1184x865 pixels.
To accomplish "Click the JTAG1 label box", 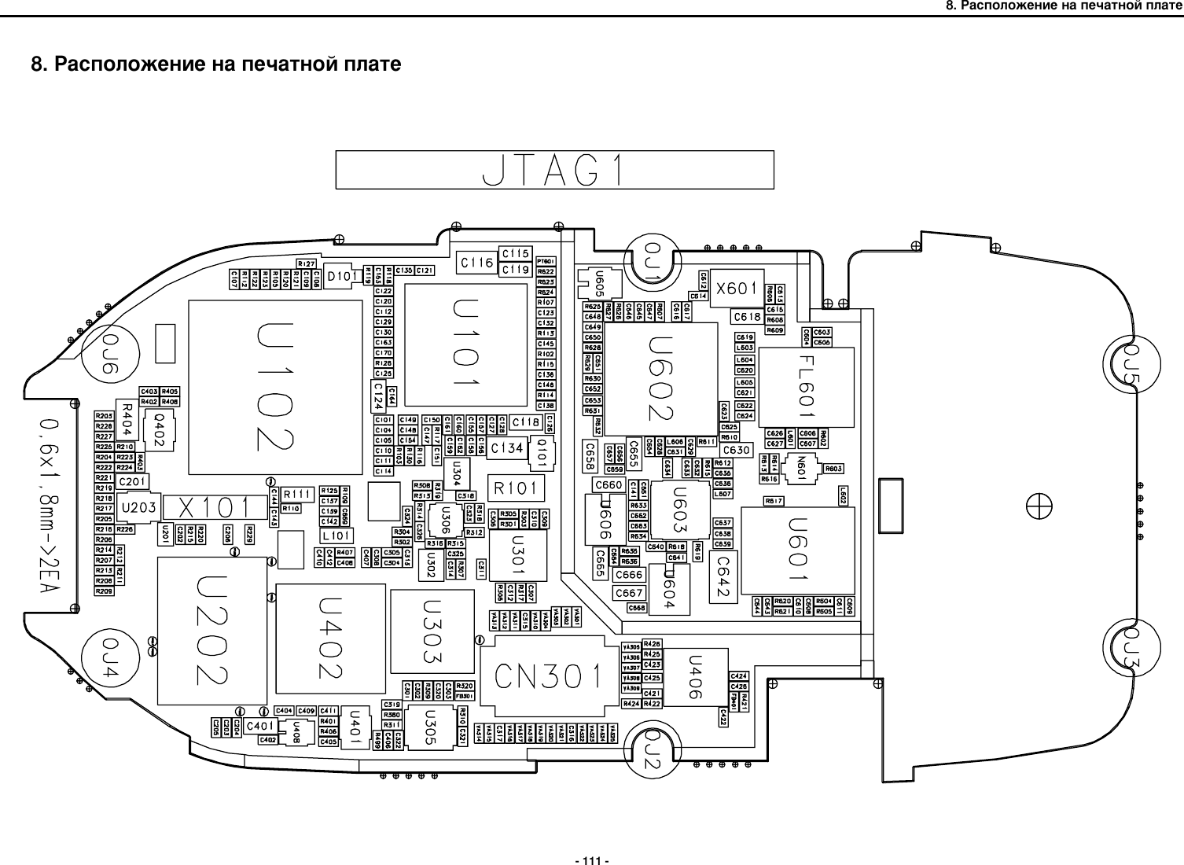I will click(554, 170).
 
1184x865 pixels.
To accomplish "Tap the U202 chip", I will click(212, 631).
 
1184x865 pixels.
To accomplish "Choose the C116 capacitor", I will click(477, 263).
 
